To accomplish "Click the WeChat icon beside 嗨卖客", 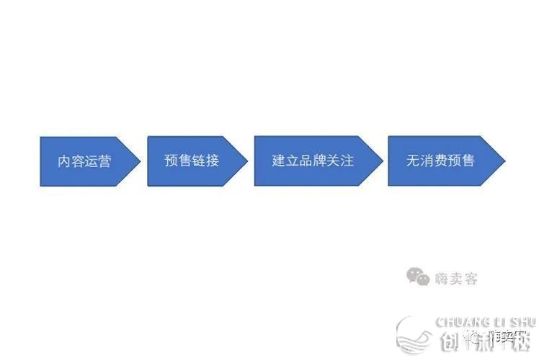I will (x=416, y=276).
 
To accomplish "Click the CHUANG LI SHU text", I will (x=486, y=321).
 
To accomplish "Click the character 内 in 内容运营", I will (x=65, y=161).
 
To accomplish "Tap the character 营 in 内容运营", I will (x=104, y=161).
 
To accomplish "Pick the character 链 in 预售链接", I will (x=198, y=161).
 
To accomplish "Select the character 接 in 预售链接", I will (x=212, y=161).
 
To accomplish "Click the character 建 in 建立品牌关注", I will (x=279, y=161).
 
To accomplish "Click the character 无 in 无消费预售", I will (x=413, y=161).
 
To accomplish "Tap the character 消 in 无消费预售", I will (x=427, y=161).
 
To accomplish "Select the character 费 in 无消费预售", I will (x=440, y=161).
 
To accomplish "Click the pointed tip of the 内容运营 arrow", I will (x=140, y=161).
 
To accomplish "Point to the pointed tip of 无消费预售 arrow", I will (x=504, y=161).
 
